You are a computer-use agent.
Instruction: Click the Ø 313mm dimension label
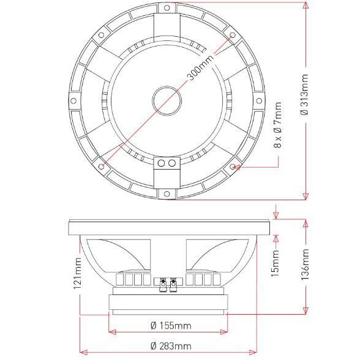(x=305, y=95)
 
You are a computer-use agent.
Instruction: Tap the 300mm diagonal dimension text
(x=200, y=67)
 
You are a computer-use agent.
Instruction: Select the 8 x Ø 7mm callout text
(x=277, y=126)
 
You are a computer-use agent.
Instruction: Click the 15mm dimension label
(x=275, y=263)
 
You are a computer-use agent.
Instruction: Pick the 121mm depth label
(x=77, y=273)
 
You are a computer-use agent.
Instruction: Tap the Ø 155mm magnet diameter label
(x=171, y=326)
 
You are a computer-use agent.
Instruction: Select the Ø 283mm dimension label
(x=171, y=346)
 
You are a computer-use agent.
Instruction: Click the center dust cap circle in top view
(x=167, y=100)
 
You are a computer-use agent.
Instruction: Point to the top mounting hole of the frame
(x=167, y=8)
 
